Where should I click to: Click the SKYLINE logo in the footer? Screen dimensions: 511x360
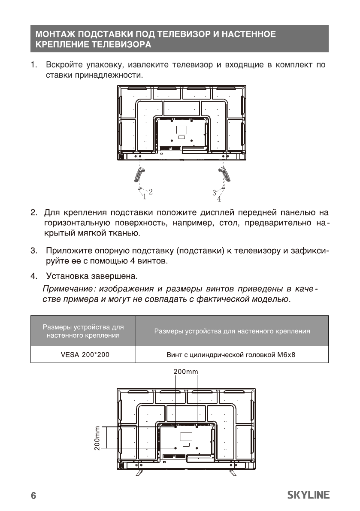coord(308,495)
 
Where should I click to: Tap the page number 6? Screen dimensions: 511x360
coord(33,496)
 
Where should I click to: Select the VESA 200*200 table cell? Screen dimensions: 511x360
coord(83,354)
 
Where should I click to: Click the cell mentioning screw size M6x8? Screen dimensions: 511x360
coord(231,354)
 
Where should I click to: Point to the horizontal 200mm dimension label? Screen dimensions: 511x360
coord(186,371)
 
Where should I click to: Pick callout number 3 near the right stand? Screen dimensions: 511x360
coord(214,192)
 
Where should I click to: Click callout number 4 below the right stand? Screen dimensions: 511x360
coord(219,199)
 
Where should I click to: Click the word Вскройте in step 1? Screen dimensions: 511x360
coord(64,66)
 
